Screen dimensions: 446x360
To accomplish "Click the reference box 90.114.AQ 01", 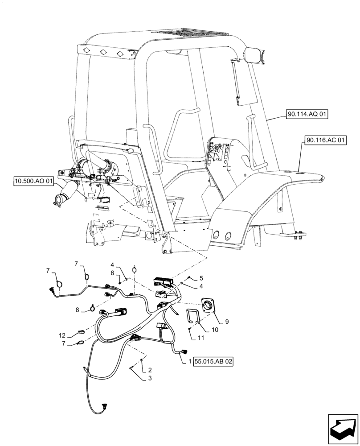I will coord(307,115).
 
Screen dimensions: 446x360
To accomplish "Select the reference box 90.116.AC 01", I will coord(326,140).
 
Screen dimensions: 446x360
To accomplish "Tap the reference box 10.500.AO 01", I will coord(34,181).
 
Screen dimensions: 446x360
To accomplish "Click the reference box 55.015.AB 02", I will coord(213,361).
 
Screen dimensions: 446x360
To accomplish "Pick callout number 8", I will coord(77,309).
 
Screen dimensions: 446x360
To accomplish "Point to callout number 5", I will coord(194,277).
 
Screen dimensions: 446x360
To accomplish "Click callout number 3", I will coord(150,378).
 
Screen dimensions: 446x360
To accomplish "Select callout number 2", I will coord(150,370).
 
